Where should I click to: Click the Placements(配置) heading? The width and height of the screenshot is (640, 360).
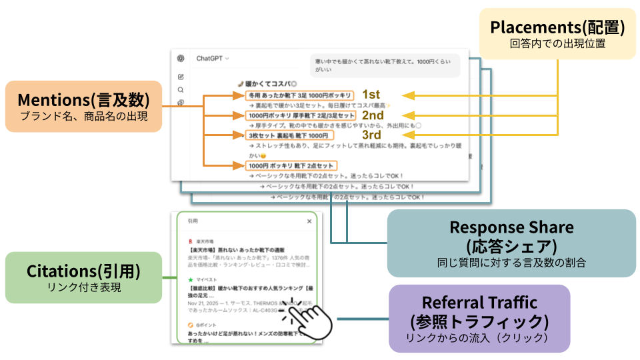point(557,27)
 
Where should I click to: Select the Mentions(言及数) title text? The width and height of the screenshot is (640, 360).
point(83,99)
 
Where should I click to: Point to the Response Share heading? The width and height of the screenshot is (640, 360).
point(511,227)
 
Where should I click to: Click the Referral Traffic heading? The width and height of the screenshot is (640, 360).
point(479,302)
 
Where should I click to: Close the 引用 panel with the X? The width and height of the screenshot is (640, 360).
point(309,221)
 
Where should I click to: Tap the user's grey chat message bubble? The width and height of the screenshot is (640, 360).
point(385,65)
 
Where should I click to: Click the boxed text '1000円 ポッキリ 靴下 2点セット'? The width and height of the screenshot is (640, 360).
point(291,165)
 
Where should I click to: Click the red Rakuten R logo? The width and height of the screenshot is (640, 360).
point(191,239)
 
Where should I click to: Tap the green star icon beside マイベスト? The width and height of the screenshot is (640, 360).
point(191,279)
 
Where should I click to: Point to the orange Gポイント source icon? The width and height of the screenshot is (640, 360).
point(191,325)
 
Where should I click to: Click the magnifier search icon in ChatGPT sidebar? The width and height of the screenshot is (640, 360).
point(181,89)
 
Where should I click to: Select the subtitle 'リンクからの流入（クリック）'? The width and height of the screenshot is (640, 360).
point(479,338)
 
